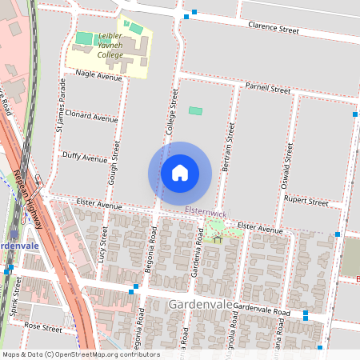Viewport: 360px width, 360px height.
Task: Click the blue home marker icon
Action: (x=180, y=173)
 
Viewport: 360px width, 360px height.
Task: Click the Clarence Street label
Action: (x=273, y=30)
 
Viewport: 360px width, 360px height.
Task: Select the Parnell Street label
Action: (x=267, y=89)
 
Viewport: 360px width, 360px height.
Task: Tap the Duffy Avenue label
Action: (x=84, y=158)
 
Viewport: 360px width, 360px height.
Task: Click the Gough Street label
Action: (x=116, y=159)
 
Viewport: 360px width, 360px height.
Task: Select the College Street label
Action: (x=171, y=110)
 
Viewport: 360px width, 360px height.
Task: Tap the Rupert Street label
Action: (x=306, y=202)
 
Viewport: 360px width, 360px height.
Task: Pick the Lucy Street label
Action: (x=102, y=246)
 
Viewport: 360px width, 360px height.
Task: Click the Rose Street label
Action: (x=42, y=327)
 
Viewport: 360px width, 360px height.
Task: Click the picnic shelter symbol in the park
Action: (x=217, y=238)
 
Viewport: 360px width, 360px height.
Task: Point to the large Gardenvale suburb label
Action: (x=201, y=305)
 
